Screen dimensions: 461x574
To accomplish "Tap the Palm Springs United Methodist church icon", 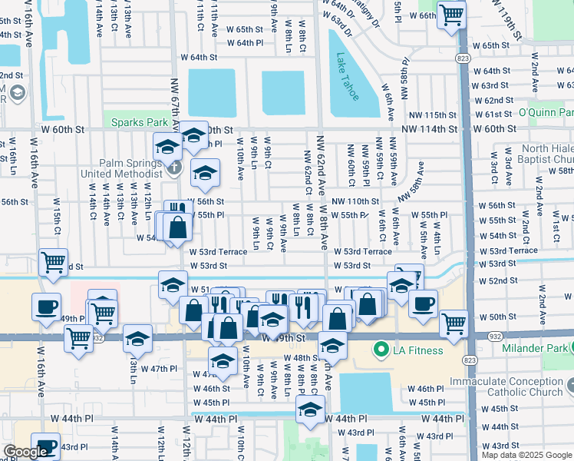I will pos(175,167).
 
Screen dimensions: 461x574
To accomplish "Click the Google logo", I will pos(26,452).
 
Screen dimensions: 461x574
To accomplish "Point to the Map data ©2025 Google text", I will pos(526,455).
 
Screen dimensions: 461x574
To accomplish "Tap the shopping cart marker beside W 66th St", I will pos(451,15).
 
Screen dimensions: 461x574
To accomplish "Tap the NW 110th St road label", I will pos(355,201).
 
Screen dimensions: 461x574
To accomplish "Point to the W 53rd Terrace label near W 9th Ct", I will pos(219,251).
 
